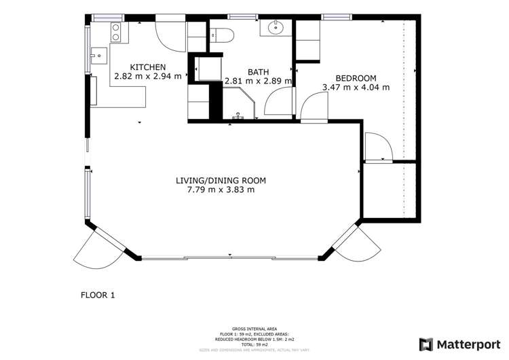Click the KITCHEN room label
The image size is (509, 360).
(x=148, y=67)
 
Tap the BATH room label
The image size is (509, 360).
(x=258, y=72)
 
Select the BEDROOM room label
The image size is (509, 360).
(x=356, y=77)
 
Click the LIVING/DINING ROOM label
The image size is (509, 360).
(x=221, y=180)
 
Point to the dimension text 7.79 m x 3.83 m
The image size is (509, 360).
(x=221, y=190)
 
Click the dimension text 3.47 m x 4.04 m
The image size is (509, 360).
(x=356, y=87)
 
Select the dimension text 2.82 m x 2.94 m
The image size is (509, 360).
(x=148, y=76)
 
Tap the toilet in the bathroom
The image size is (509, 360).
(x=222, y=35)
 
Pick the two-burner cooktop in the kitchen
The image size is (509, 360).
(x=115, y=31)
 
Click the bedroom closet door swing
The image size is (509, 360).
(x=376, y=146)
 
